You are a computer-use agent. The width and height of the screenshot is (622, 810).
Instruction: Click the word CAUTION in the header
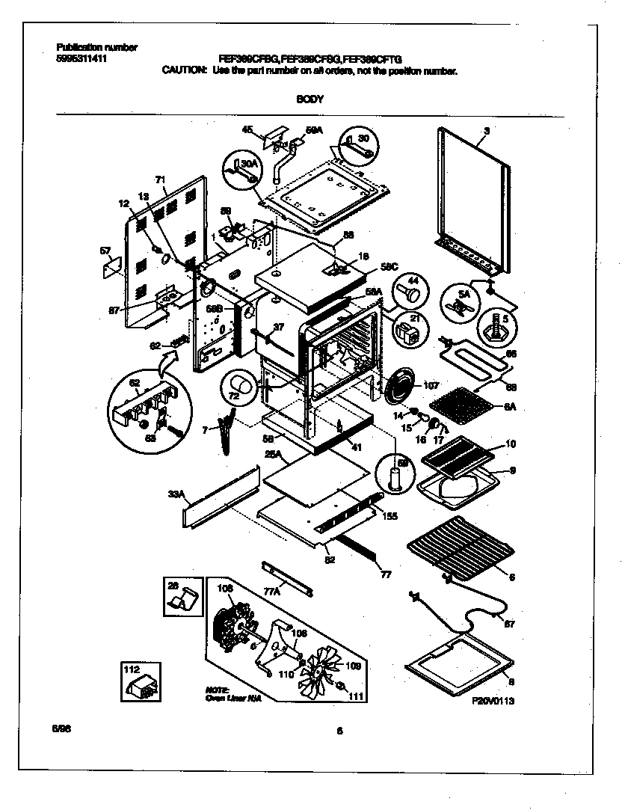click(184, 71)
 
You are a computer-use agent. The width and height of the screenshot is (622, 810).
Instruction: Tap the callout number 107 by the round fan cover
click(431, 387)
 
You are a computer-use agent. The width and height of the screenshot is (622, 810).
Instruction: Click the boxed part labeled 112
click(141, 681)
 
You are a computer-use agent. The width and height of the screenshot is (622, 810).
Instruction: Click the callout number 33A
click(176, 494)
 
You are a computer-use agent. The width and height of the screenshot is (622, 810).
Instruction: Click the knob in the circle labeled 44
click(410, 289)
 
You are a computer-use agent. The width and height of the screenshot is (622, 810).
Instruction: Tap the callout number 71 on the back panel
click(159, 180)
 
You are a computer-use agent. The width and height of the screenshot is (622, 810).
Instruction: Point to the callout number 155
click(389, 516)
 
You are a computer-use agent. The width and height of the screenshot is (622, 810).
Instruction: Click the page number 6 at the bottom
click(339, 731)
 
